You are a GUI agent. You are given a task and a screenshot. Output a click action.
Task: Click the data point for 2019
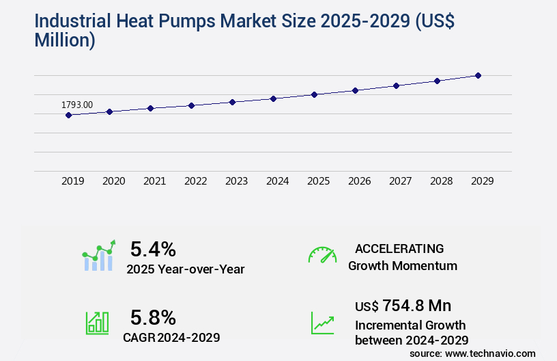(68, 115)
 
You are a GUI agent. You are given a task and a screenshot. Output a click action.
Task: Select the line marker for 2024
(273, 98)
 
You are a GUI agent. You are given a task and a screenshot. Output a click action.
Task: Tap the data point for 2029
(478, 75)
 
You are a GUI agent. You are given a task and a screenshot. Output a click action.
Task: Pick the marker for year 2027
(396, 85)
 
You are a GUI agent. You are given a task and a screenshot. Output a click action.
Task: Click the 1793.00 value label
(77, 105)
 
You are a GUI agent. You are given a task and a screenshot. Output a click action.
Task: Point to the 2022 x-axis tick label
(195, 181)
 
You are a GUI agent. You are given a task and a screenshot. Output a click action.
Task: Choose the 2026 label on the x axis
(359, 181)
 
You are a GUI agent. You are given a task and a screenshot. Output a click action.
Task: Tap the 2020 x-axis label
(113, 181)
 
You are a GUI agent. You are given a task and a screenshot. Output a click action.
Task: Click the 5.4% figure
(153, 248)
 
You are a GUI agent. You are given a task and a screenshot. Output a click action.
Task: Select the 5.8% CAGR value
(153, 317)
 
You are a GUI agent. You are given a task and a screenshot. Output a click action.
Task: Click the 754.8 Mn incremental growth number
(416, 306)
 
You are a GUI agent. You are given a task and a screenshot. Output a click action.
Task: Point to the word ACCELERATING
(399, 248)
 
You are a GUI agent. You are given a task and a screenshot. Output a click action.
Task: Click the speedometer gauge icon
(322, 255)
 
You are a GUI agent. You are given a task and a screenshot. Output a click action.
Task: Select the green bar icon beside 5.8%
(97, 323)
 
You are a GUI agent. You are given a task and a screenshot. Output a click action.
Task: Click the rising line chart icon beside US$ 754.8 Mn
(322, 323)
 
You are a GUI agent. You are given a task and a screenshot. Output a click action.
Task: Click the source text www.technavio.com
(490, 353)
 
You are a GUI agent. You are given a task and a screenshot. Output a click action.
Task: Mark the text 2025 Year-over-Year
(185, 269)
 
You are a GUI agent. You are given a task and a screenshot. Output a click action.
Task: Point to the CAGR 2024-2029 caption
(171, 338)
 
